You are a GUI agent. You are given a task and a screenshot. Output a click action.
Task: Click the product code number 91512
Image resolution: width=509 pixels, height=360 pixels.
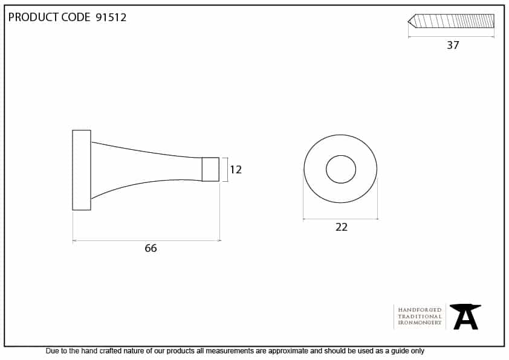point(111,17)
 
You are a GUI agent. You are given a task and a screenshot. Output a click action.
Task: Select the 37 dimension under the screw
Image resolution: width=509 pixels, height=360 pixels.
point(453,45)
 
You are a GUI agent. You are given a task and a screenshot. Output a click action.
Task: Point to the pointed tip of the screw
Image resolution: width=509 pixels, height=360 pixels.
point(409,21)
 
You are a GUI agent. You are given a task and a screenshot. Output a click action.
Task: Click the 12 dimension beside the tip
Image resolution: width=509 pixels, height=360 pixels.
point(236,170)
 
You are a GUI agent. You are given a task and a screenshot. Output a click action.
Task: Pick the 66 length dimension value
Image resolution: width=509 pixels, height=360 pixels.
point(151,248)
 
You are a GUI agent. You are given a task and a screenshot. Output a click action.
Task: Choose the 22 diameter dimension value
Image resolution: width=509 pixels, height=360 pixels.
point(341,227)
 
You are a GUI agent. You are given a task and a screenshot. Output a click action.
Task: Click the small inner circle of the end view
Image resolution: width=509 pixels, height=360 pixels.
point(341,155)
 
